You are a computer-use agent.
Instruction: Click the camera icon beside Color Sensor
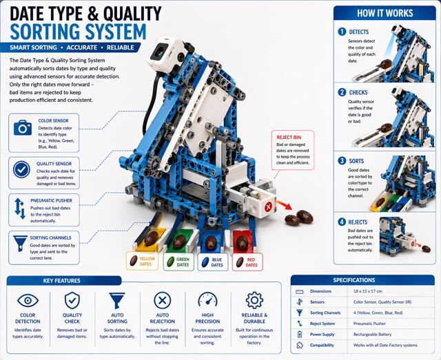[23, 127]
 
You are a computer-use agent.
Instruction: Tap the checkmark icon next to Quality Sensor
[21, 169]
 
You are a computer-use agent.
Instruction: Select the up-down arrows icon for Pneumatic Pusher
[20, 209]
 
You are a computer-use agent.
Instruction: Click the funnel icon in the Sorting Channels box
[20, 244]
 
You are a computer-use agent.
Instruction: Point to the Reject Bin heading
[289, 138]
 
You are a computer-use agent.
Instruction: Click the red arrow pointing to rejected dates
[283, 205]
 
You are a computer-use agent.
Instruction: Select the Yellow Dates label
[143, 262]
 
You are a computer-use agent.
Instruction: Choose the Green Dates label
[179, 262]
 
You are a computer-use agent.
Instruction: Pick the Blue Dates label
[213, 262]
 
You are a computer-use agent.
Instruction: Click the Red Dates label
[247, 262]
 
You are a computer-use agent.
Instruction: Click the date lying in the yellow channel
[152, 237]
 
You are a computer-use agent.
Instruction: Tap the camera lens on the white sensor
[160, 52]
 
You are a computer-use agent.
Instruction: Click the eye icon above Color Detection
[28, 300]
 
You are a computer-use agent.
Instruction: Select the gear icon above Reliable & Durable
[254, 300]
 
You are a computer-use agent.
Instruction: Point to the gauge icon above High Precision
[207, 299]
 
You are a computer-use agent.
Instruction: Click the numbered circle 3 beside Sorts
[342, 161]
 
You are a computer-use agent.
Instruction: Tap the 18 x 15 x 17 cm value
[367, 291]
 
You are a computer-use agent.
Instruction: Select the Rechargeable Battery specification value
[372, 335]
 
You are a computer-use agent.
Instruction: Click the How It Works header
[384, 13]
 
